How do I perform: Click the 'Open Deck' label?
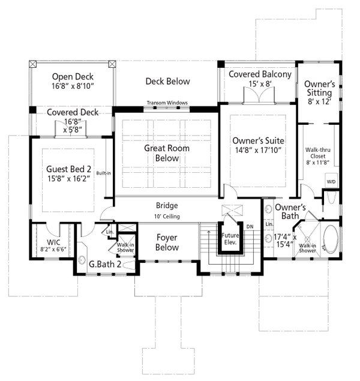(71, 77)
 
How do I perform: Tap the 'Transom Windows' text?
(167, 103)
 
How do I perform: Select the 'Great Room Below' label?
(167, 152)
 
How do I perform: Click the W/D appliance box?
(331, 181)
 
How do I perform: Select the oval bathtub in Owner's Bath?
(329, 238)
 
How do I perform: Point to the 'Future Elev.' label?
(230, 239)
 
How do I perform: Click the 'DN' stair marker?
(250, 226)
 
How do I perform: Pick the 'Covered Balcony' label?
(260, 74)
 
